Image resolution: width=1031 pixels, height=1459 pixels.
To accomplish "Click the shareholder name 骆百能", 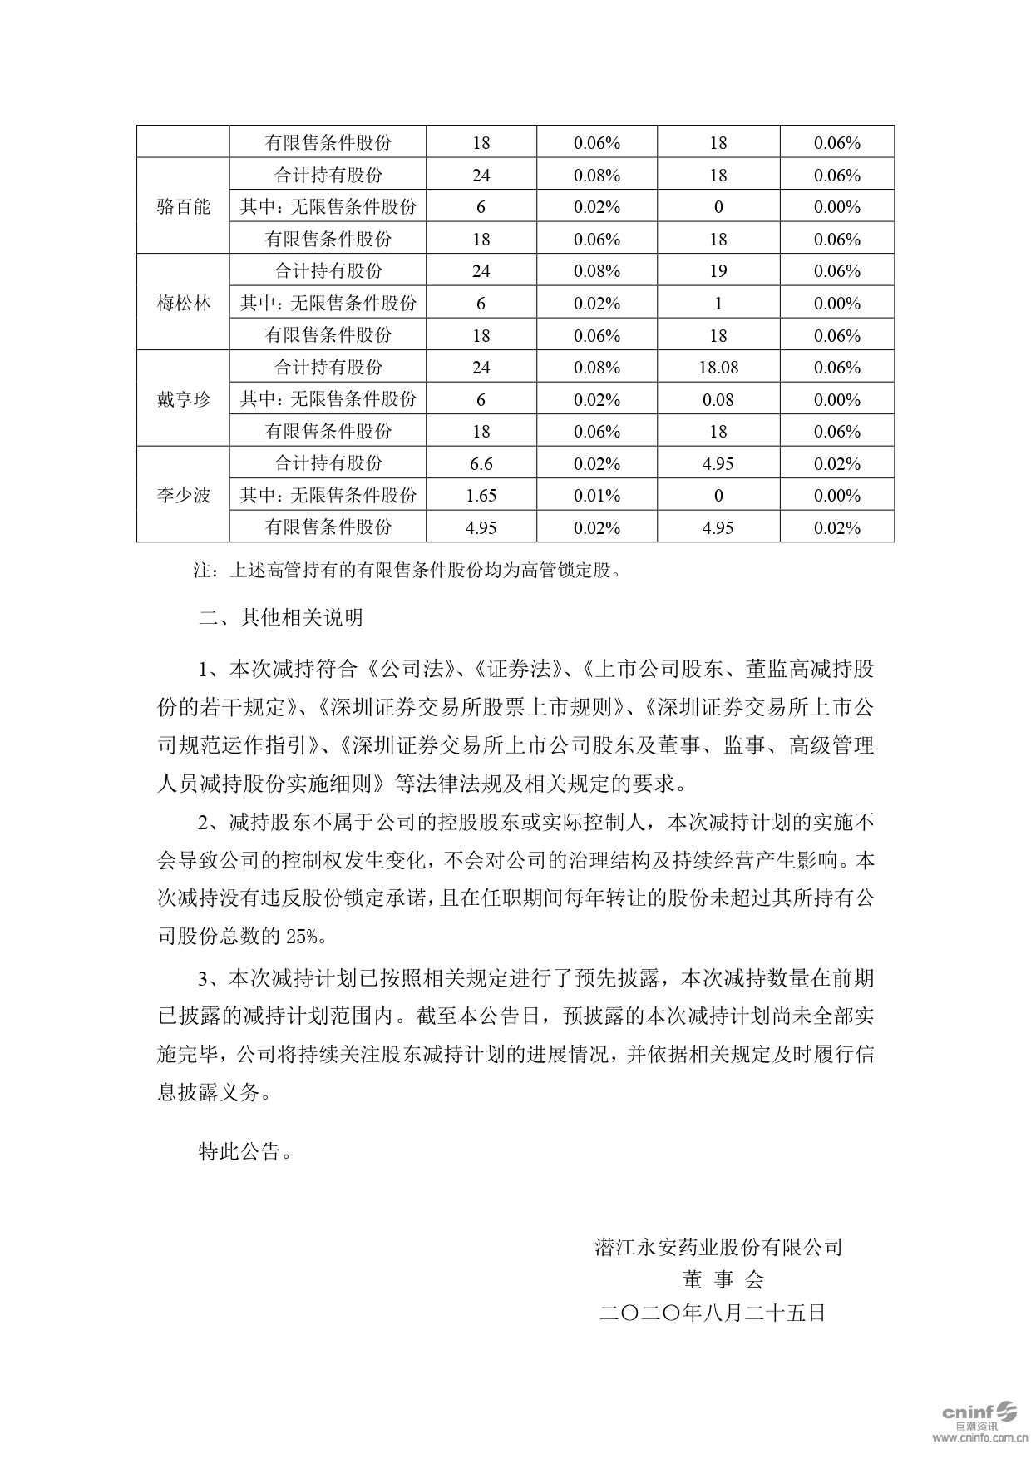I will pos(183,206).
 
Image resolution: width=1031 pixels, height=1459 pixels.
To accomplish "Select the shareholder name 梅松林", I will pos(183,303).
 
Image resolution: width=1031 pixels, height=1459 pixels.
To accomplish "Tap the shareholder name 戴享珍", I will pos(183,399).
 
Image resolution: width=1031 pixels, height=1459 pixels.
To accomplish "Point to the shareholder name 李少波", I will pos(183,495).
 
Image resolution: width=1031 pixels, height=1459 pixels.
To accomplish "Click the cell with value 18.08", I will pos(718,368).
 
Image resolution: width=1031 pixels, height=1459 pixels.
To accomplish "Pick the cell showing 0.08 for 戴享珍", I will pos(718,399).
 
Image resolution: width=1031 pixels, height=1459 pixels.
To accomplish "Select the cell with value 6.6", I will pos(481,463).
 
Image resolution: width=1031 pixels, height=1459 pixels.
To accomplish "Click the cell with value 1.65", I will pos(481,495).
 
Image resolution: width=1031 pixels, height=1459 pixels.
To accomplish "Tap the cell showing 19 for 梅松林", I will pos(718,271).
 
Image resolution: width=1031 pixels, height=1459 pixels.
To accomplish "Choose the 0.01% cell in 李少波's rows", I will pos(597,495).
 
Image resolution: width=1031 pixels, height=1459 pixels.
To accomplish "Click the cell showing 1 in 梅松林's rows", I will pos(718,303).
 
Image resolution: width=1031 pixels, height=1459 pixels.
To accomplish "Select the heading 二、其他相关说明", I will pos(281,618).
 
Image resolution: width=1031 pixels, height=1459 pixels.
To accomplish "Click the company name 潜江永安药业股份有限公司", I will pos(718,1247).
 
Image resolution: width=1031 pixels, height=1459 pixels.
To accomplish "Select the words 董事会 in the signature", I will pos(722,1279).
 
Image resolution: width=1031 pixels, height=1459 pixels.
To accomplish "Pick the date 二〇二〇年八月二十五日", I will pos(712,1313).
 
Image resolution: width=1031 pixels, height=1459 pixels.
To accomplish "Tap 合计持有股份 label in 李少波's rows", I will pos(328,463).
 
